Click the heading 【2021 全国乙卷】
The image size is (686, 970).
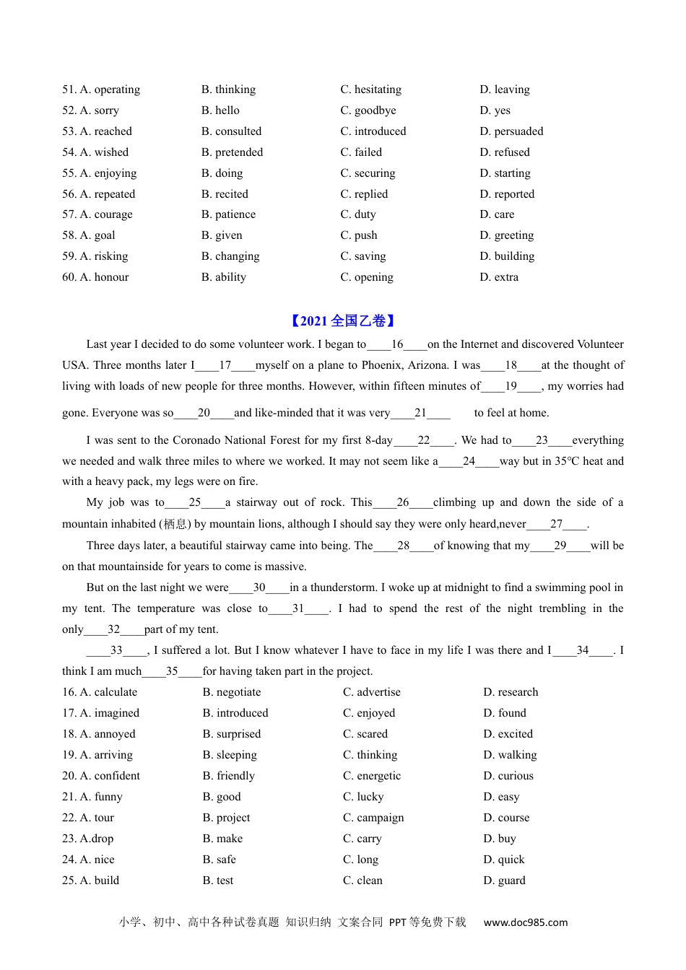point(343,321)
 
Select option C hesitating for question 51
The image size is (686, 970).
point(370,89)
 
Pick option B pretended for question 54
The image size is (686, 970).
point(232,152)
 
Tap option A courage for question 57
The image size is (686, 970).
point(106,214)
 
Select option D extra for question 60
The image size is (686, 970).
point(499,277)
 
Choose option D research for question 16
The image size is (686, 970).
point(511,692)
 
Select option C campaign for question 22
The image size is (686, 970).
point(373,818)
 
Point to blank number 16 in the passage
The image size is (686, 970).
point(397,345)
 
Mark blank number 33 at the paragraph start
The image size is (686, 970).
point(116,650)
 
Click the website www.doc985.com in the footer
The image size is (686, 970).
point(526,922)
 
